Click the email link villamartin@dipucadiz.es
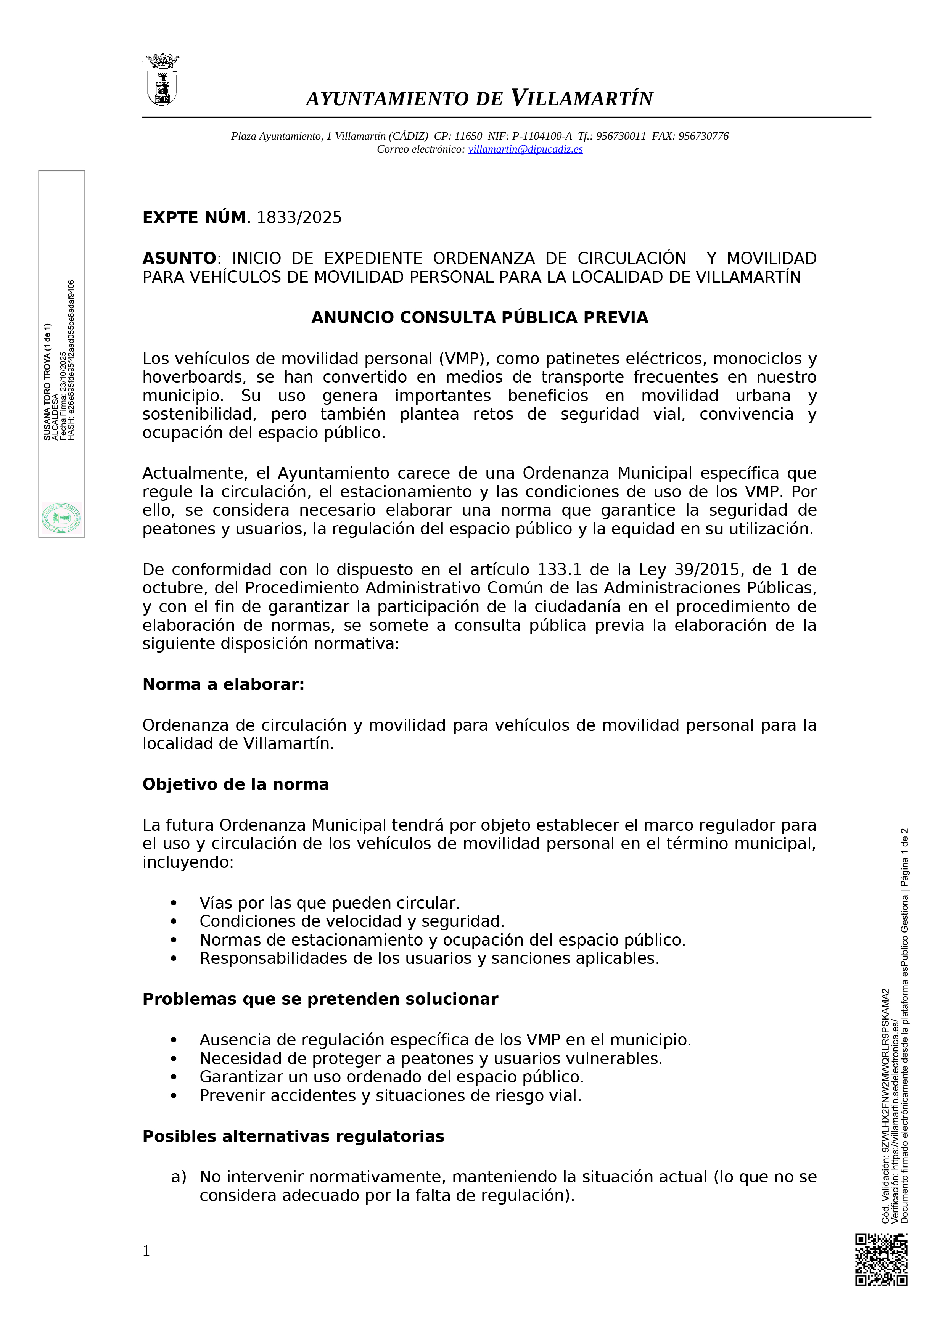click(525, 149)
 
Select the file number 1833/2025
click(299, 218)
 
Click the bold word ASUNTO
click(180, 258)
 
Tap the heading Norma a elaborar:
click(223, 685)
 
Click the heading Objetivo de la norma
click(235, 785)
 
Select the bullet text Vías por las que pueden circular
click(329, 903)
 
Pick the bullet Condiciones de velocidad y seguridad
click(351, 921)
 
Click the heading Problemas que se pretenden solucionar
click(320, 999)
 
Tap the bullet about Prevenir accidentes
click(390, 1096)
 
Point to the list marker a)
click(179, 1177)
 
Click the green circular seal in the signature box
click(61, 518)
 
